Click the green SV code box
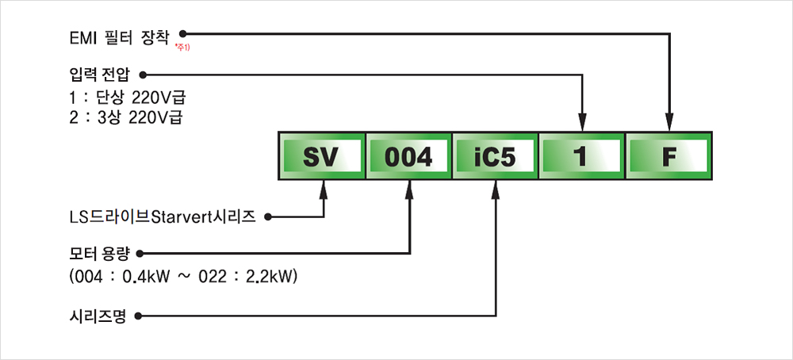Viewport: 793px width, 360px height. [322, 156]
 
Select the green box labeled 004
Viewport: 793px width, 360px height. [409, 156]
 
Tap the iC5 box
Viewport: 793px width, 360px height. [495, 156]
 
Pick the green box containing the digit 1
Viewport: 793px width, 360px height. [582, 156]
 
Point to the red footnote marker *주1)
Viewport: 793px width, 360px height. [183, 48]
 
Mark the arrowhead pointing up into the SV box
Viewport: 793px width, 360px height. [324, 189]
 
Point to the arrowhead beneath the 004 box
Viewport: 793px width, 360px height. [411, 189]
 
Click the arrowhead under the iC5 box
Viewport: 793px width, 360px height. [497, 189]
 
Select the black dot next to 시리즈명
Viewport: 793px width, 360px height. [138, 316]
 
